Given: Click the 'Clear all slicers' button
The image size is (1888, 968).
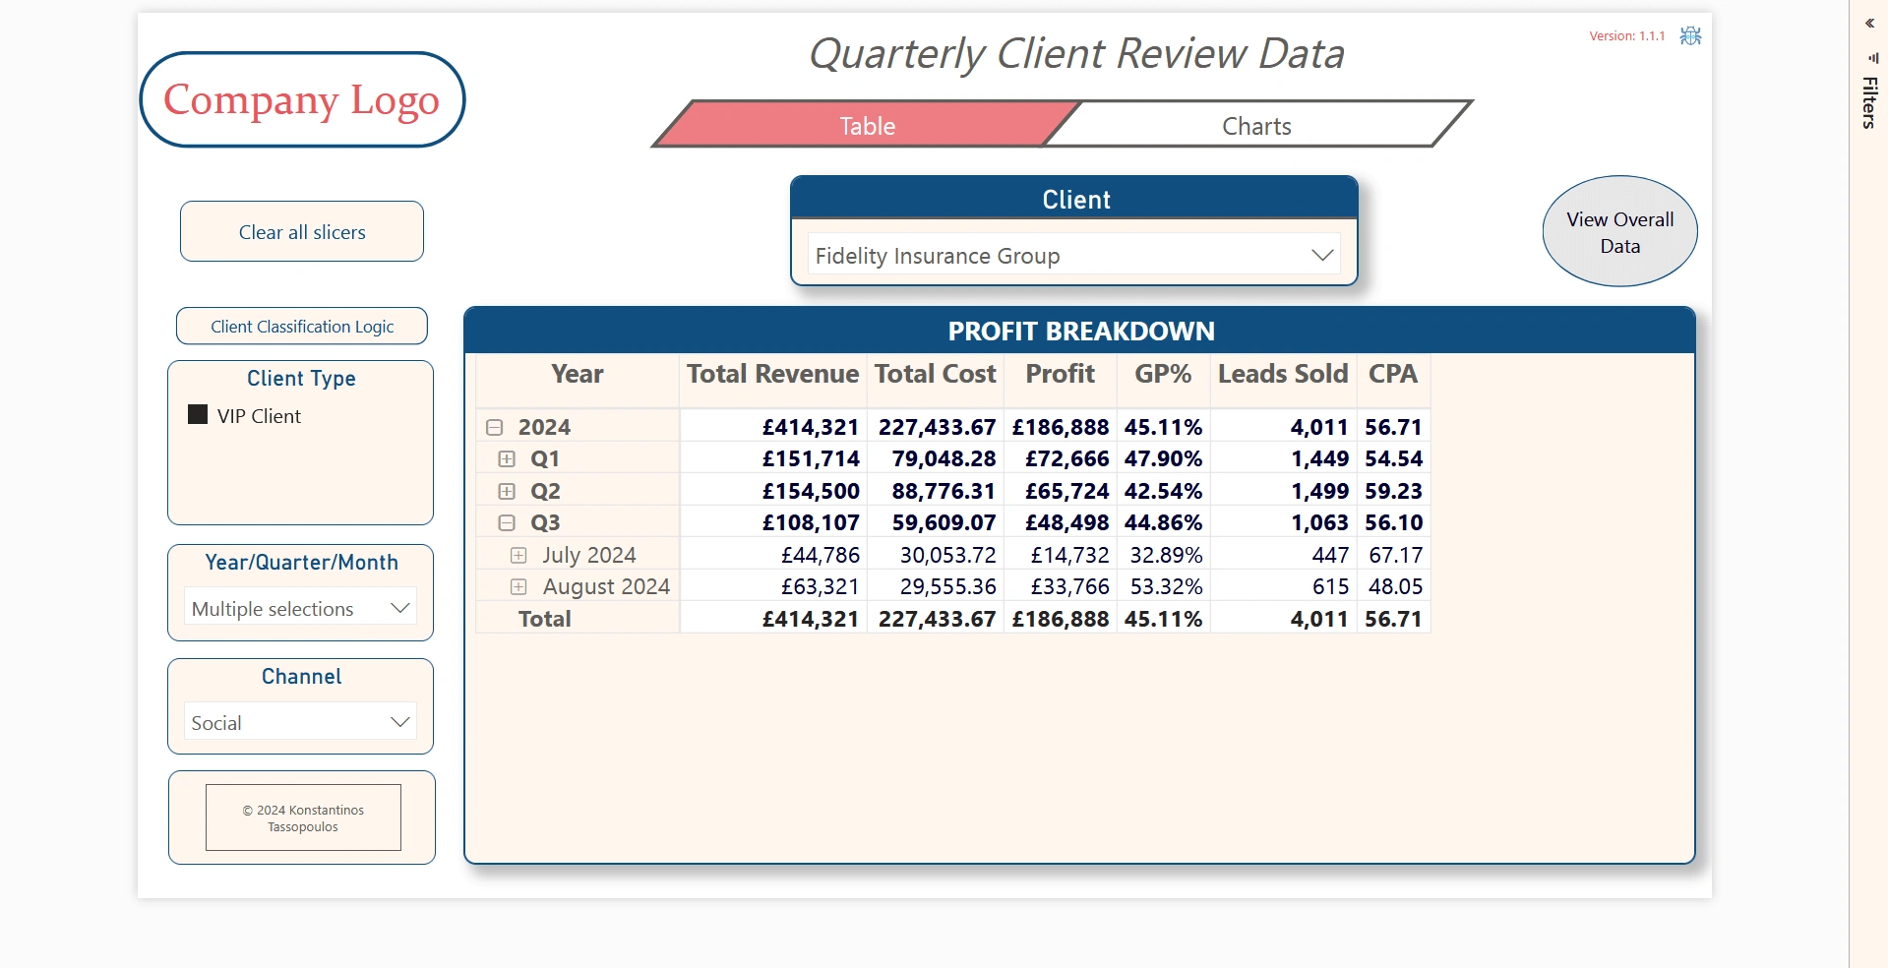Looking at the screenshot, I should pyautogui.click(x=302, y=232).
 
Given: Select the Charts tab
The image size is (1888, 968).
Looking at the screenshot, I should pyautogui.click(x=1256, y=126).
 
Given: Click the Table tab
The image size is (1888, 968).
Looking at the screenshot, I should pyautogui.click(x=867, y=126).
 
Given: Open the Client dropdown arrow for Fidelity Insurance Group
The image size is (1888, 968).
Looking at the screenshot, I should pyautogui.click(x=1322, y=256).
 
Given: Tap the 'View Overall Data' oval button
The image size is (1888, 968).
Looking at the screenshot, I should pyautogui.click(x=1619, y=232).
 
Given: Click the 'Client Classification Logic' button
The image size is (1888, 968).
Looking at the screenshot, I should pyautogui.click(x=302, y=327).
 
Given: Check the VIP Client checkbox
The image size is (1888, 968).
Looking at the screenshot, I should pyautogui.click(x=198, y=415).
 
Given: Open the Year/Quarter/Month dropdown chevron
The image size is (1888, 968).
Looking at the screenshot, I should pyautogui.click(x=399, y=608).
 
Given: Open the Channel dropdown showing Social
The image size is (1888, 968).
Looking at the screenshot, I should pyautogui.click(x=399, y=722).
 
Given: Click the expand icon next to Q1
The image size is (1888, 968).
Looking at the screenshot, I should pyautogui.click(x=507, y=459).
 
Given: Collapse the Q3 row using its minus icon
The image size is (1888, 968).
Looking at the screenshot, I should pyautogui.click(x=507, y=523).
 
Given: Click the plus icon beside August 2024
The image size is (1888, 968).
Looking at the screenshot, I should pyautogui.click(x=518, y=587).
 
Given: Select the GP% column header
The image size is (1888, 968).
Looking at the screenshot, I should pyautogui.click(x=1162, y=375).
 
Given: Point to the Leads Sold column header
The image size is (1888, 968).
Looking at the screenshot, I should pyautogui.click(x=1282, y=375).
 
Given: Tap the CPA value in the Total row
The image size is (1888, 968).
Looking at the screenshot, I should pyautogui.click(x=1393, y=620).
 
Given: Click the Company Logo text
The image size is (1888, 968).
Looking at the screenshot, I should pyautogui.click(x=301, y=100).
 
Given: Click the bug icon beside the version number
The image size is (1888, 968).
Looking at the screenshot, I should pyautogui.click(x=1690, y=36).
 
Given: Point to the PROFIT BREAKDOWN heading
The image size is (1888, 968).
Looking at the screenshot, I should pyautogui.click(x=1080, y=332).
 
